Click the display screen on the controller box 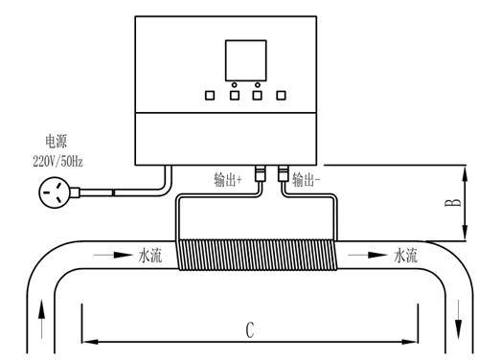245,60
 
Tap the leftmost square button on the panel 210,95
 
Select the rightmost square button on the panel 282,95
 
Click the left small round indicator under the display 235,84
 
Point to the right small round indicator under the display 258,84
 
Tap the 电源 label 57,142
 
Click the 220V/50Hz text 57,161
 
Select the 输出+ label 228,179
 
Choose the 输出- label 307,179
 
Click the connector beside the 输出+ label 260,173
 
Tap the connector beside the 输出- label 284,173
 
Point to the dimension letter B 453,203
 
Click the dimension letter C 250,330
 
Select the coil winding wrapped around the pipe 258,255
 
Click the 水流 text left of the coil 149,256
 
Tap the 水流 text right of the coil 405,256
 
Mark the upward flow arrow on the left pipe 41,319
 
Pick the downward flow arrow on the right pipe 459,319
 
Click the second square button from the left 235,95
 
